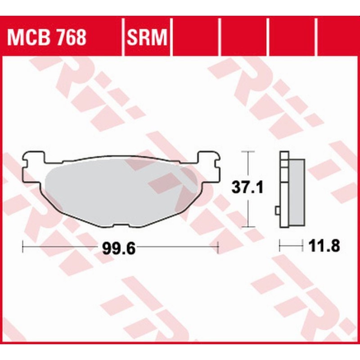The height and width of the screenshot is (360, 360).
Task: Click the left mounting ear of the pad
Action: click(34, 160)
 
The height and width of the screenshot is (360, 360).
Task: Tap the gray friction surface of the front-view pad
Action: click(121, 189)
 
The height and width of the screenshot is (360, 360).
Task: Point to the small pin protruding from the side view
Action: click(277, 210)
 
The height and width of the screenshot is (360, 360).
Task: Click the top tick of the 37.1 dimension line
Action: click(245, 152)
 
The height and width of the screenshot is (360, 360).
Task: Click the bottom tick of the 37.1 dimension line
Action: click(245, 227)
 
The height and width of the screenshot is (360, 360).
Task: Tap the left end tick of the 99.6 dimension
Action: click(22, 246)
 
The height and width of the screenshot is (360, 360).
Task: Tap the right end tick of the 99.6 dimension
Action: click(218, 246)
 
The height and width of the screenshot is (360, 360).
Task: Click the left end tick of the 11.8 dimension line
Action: click(280, 246)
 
